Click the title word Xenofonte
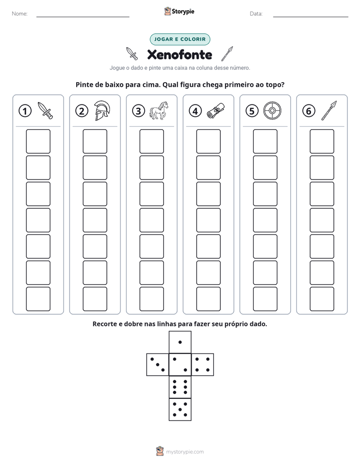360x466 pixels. [x=179, y=54]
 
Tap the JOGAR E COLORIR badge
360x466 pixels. [x=180, y=39]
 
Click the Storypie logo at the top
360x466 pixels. [x=179, y=12]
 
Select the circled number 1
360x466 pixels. [x=25, y=111]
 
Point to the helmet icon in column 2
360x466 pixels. [x=102, y=110]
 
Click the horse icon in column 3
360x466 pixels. [x=159, y=110]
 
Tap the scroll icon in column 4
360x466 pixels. [x=216, y=111]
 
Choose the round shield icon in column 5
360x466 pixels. [x=272, y=111]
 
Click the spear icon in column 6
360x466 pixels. [x=329, y=110]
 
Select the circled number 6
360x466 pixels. [x=309, y=111]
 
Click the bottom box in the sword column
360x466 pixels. [x=38, y=299]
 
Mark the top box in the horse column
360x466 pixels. [x=151, y=141]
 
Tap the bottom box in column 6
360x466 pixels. [x=322, y=299]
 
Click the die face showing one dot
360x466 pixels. [x=180, y=342]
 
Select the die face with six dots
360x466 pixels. [x=180, y=387]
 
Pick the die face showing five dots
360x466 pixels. [x=180, y=410]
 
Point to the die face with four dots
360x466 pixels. [x=203, y=365]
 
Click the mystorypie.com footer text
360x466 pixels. [x=185, y=452]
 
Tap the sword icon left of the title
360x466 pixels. [x=132, y=53]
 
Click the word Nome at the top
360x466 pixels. [x=20, y=14]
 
